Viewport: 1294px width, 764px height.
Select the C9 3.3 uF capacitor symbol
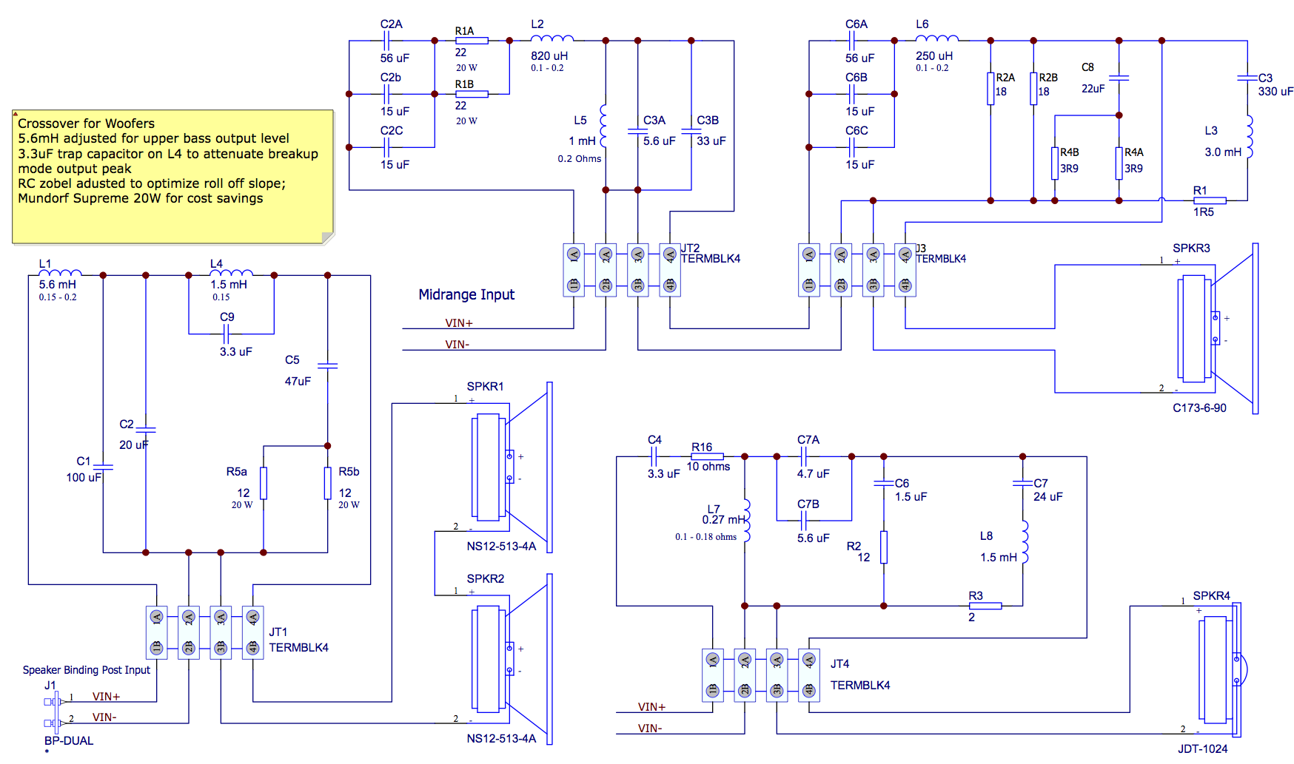point(227,334)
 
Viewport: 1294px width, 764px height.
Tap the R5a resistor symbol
point(264,483)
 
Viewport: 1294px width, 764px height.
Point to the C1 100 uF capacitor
point(103,467)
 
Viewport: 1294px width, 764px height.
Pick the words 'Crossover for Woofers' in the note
point(86,124)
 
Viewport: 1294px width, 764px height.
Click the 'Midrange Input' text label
point(466,294)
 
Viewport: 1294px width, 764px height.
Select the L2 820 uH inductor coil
point(552,38)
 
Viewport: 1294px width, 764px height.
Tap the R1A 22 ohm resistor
point(472,41)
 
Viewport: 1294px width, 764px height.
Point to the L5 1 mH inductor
point(604,126)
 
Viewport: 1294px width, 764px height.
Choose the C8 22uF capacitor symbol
point(1119,77)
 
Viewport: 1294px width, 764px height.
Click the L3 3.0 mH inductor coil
point(1249,136)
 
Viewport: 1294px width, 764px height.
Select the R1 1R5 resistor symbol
point(1210,200)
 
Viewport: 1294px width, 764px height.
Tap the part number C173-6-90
point(1199,408)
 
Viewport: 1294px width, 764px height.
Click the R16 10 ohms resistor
point(707,456)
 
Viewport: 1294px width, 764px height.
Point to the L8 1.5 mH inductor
point(1024,542)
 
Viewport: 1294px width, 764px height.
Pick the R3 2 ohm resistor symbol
point(985,606)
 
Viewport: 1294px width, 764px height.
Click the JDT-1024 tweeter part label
point(1203,748)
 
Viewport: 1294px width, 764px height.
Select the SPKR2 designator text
point(485,578)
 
